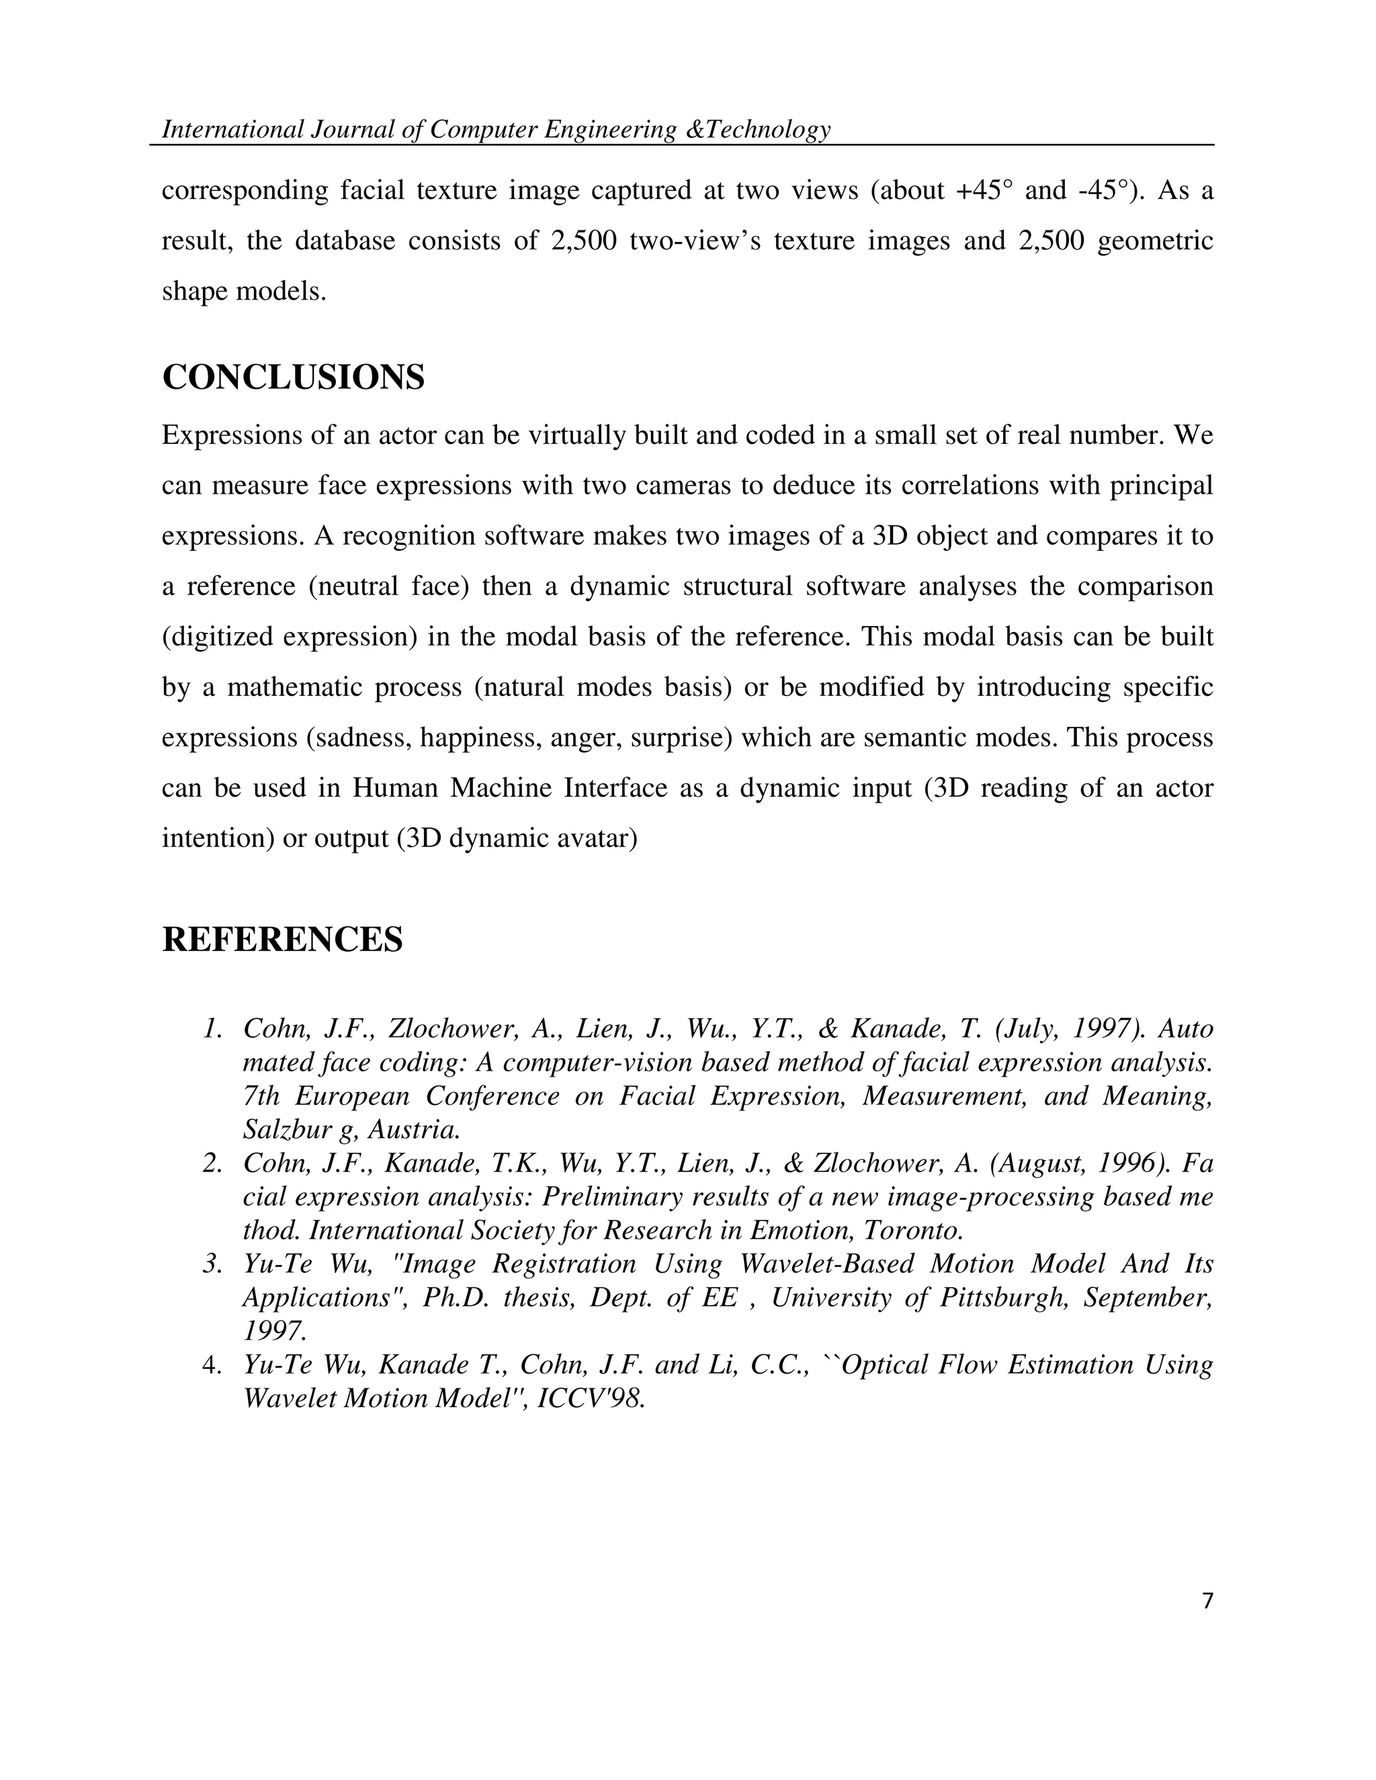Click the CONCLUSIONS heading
(x=293, y=377)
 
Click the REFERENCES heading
(x=282, y=939)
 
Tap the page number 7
(x=1207, y=1601)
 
